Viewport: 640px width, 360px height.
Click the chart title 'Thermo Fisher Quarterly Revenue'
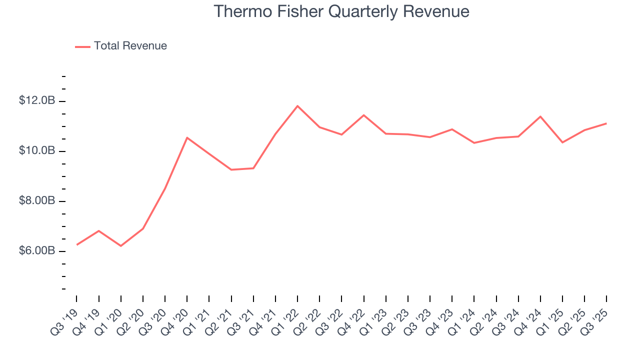point(341,11)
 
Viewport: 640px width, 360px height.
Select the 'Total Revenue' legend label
point(130,46)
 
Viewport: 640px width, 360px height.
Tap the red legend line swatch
point(82,46)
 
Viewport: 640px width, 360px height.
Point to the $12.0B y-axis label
point(37,100)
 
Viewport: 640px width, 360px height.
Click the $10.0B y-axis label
point(37,150)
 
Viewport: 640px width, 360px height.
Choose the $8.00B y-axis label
point(37,200)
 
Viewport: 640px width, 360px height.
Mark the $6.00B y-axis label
point(37,250)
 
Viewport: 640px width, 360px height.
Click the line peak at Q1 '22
point(297,106)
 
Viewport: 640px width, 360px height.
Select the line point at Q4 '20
point(187,137)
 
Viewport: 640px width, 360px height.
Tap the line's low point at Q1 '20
point(121,246)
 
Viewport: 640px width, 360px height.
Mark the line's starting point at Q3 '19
point(76,244)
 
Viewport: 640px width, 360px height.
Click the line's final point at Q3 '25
point(606,123)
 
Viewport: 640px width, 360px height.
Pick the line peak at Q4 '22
point(363,115)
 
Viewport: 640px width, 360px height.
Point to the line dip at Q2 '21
point(231,169)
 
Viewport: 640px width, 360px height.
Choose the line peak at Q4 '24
point(540,116)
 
